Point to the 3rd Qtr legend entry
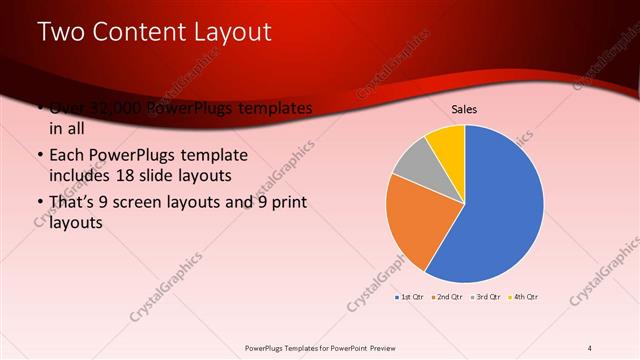tap(487, 297)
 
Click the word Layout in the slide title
tap(234, 32)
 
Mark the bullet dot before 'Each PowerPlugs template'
tap(39, 156)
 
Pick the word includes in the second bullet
tap(80, 175)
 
